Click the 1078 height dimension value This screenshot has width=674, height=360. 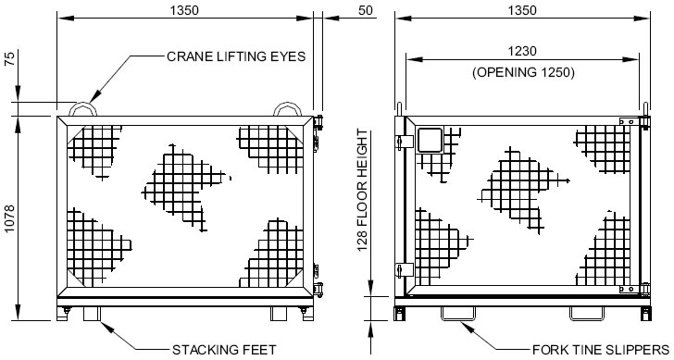[x=9, y=218]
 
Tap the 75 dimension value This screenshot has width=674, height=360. [x=9, y=58]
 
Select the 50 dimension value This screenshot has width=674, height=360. [x=365, y=10]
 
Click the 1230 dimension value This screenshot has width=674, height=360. [x=522, y=51]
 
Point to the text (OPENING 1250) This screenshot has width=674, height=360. [x=523, y=72]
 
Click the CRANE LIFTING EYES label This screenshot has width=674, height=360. [x=236, y=56]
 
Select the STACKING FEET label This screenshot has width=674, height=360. [x=224, y=350]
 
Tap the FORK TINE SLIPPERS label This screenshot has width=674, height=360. [x=601, y=350]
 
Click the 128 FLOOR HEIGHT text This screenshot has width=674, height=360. [x=363, y=190]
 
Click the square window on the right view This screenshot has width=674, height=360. [x=431, y=140]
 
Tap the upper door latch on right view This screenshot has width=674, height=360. [x=404, y=142]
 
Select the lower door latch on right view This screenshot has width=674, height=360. [x=404, y=270]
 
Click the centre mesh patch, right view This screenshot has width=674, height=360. [x=522, y=189]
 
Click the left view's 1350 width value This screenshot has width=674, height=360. [x=184, y=10]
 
